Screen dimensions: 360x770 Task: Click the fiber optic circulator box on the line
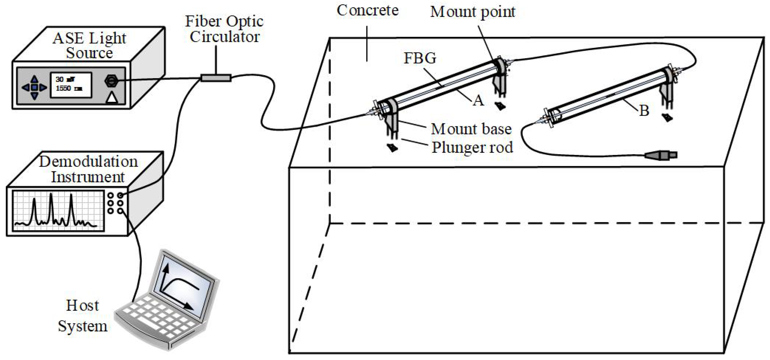click(x=216, y=78)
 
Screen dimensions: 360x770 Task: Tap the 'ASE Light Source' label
click(x=89, y=45)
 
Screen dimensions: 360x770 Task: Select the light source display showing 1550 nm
click(x=71, y=84)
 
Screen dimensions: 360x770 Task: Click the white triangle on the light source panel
click(x=112, y=98)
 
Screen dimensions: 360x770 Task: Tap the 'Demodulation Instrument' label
click(x=88, y=169)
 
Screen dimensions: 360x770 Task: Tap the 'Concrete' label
click(x=367, y=11)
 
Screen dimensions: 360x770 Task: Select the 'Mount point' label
click(x=472, y=12)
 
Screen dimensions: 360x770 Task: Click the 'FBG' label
click(x=420, y=58)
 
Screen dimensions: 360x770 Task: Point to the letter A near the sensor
click(x=478, y=101)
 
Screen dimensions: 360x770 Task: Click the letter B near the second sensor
click(x=644, y=111)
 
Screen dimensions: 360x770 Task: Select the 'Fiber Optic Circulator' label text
click(x=224, y=29)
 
